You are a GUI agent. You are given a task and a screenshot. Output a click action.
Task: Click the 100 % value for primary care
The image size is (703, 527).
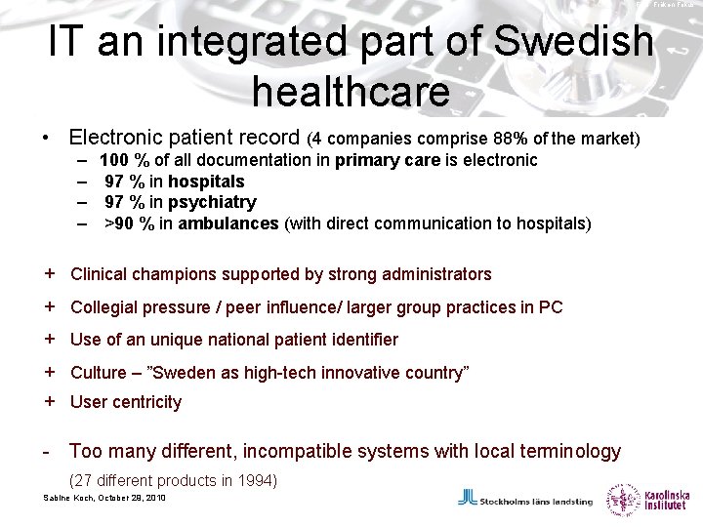pos(121,159)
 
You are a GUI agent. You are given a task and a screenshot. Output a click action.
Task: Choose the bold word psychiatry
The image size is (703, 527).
pos(212,202)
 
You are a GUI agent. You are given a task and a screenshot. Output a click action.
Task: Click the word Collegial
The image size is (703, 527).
pos(106,307)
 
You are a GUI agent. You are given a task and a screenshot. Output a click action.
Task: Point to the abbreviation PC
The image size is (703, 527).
pos(551,307)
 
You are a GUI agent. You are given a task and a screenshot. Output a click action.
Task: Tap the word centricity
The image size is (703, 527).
pos(146,402)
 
